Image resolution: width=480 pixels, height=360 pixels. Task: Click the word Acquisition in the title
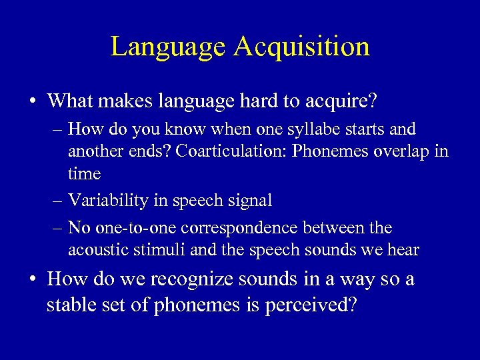(301, 47)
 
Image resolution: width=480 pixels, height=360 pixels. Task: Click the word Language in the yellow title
(168, 47)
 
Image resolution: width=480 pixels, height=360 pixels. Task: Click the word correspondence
(245, 228)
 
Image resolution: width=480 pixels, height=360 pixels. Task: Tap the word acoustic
(94, 250)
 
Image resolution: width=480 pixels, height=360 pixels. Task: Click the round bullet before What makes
(32, 102)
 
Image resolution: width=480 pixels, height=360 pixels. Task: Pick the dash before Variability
(58, 201)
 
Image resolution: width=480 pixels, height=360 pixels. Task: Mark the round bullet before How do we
(32, 279)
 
